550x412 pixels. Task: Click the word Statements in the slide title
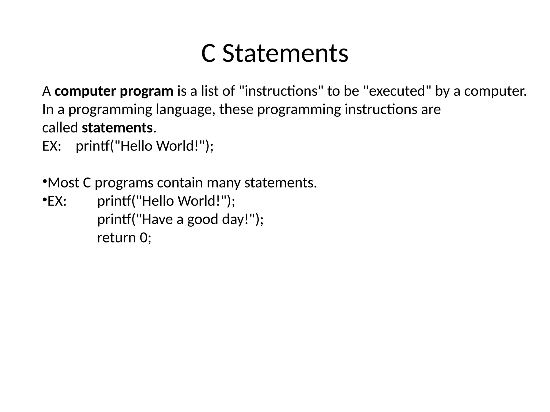pyautogui.click(x=285, y=54)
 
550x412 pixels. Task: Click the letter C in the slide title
pyautogui.click(x=208, y=54)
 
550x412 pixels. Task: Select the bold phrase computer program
pyautogui.click(x=114, y=91)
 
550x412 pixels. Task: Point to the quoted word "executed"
pyautogui.click(x=397, y=91)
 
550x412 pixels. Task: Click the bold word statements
pyautogui.click(x=117, y=128)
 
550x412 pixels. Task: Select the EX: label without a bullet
pyautogui.click(x=52, y=146)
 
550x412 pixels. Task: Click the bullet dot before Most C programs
pyautogui.click(x=45, y=182)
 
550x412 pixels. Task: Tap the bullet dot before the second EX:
pyautogui.click(x=45, y=200)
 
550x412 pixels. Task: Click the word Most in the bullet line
pyautogui.click(x=63, y=183)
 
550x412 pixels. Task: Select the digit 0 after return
pyautogui.click(x=143, y=238)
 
